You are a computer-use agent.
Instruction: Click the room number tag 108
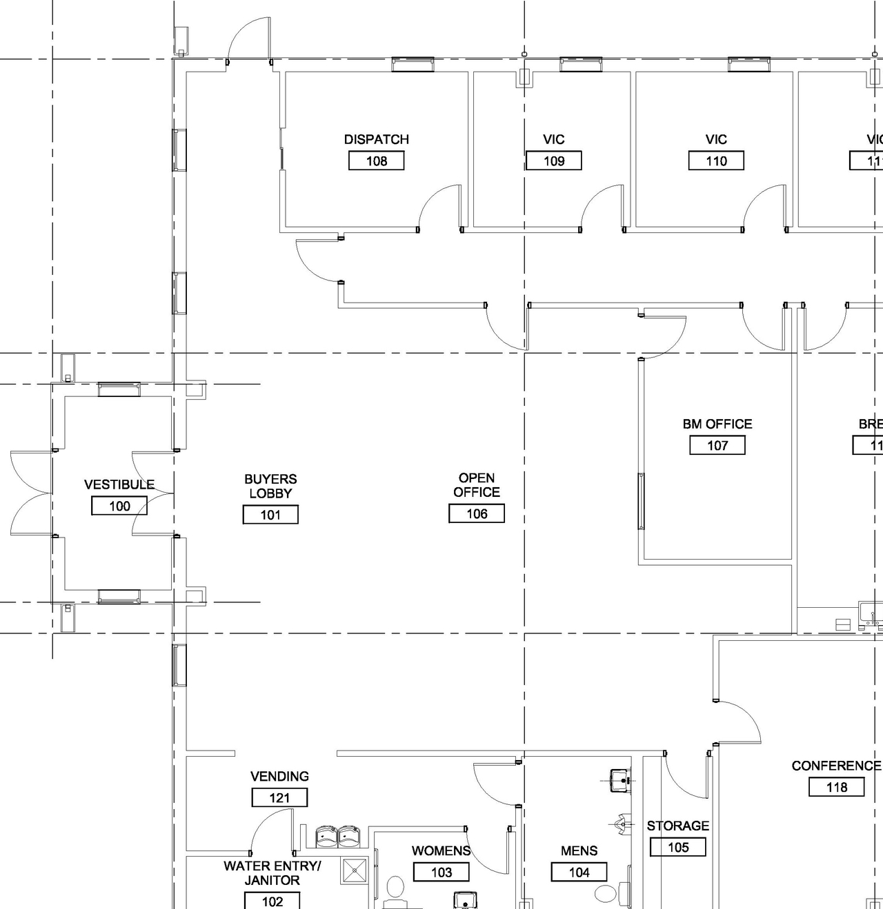(376, 161)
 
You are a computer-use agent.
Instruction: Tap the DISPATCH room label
(376, 139)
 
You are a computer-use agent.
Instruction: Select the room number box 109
(553, 161)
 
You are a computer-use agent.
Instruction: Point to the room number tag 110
(716, 161)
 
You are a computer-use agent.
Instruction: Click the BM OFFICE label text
(717, 424)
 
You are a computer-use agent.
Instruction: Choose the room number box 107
(717, 445)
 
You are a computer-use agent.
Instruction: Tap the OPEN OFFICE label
(477, 485)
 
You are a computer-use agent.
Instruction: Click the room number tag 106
(477, 513)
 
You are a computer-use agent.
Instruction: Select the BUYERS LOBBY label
(270, 486)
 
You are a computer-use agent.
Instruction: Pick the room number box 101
(270, 515)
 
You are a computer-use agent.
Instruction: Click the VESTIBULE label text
(119, 484)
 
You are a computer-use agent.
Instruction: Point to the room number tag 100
(119, 506)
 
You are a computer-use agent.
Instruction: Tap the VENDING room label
(279, 776)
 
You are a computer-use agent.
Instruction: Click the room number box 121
(279, 798)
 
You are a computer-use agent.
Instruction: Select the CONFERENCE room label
(836, 766)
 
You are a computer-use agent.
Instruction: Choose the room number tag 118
(836, 787)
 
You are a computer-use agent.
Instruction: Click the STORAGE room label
(677, 826)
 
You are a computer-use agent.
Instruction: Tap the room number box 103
(441, 872)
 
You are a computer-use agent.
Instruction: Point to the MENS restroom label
(579, 851)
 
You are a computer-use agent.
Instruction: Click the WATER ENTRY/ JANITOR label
(272, 873)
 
